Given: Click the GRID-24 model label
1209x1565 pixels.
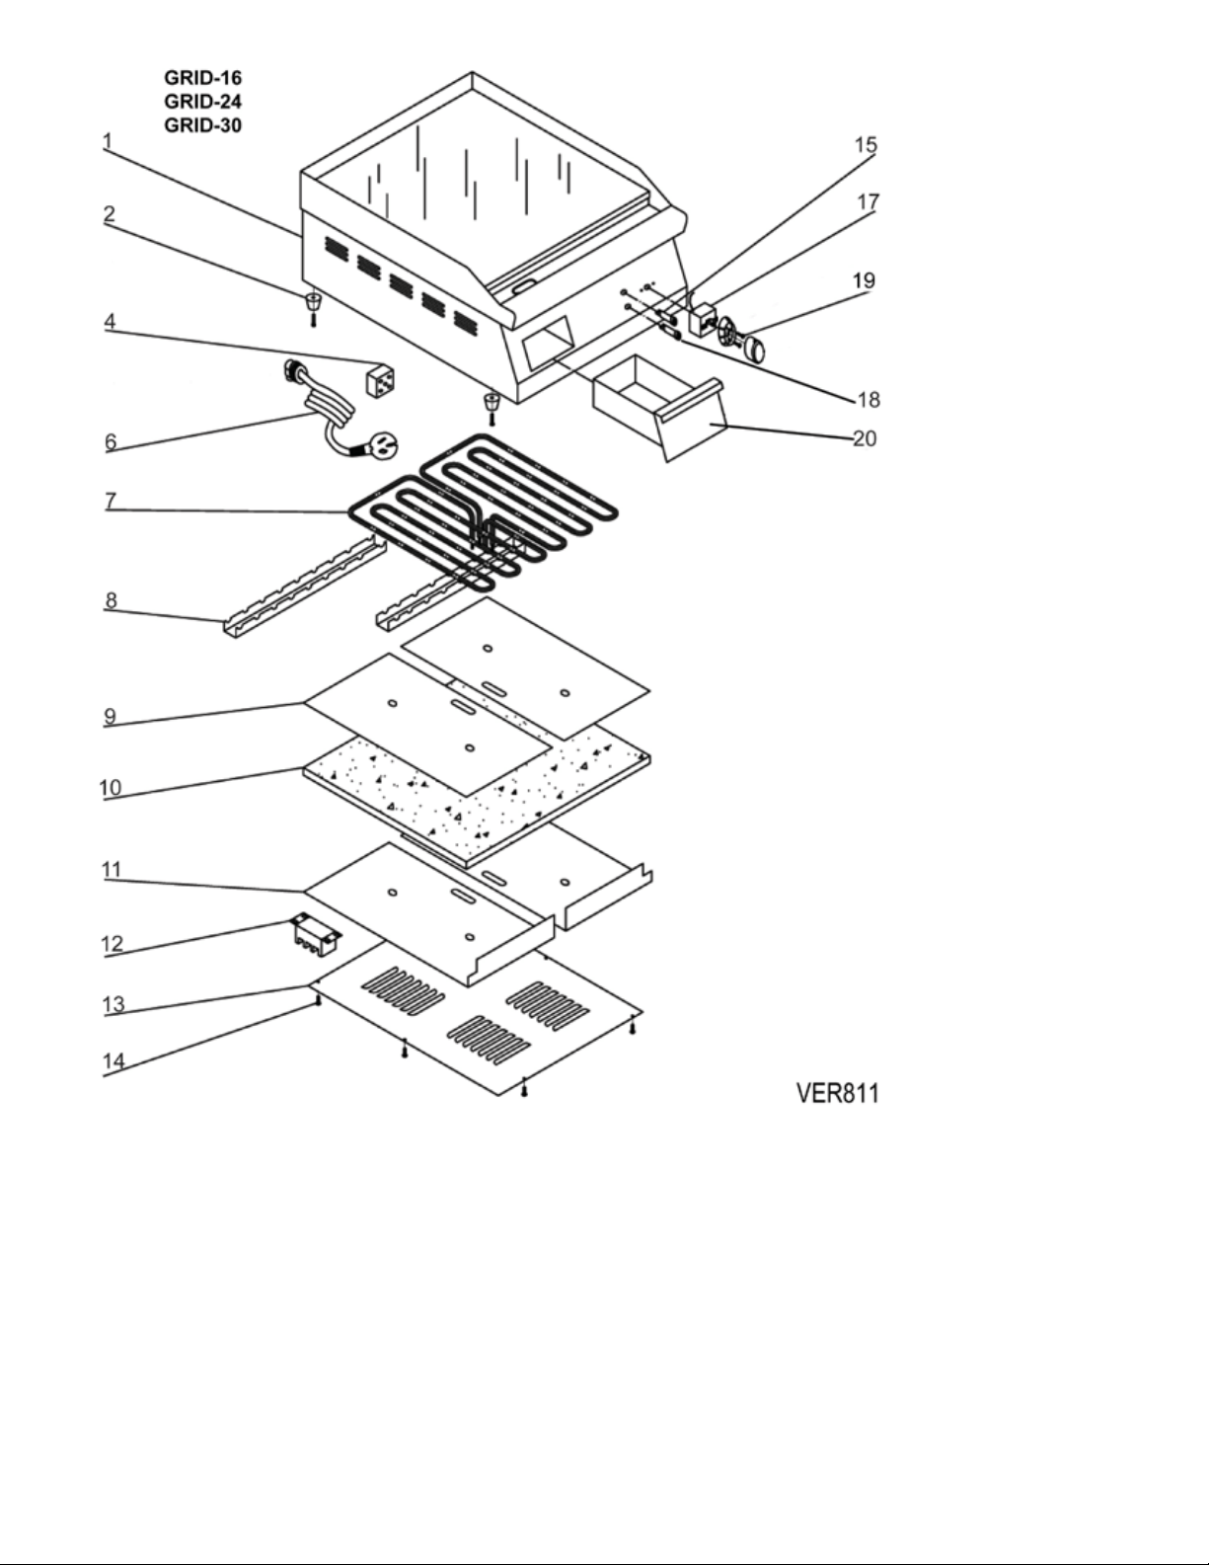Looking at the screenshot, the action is click(202, 101).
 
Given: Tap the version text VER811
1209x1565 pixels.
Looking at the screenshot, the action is click(837, 1093).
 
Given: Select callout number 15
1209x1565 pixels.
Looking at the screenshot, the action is click(866, 145).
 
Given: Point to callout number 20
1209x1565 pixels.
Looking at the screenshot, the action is click(865, 437).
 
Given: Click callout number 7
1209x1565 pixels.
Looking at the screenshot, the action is click(111, 500).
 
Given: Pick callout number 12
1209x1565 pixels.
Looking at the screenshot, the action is click(113, 944).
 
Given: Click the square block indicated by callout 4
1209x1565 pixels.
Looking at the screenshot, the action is click(380, 379).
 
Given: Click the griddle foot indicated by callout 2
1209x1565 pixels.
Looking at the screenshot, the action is click(313, 307).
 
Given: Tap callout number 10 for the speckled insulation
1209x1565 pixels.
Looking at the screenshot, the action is click(111, 787).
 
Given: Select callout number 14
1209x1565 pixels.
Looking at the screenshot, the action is click(113, 1060).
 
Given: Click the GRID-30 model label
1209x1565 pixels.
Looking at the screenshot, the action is click(202, 124).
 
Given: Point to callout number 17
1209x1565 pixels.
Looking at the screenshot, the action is click(868, 201).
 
